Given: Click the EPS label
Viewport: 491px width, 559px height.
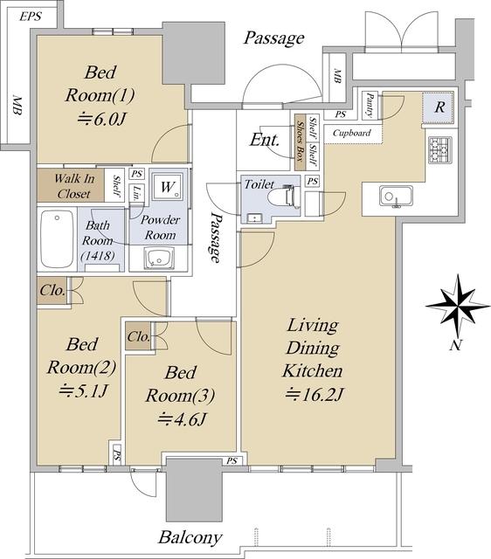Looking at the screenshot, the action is click(x=31, y=16).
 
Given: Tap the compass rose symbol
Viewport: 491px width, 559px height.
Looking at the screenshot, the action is click(x=458, y=306).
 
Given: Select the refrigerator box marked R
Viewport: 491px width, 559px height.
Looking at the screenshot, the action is click(x=439, y=107).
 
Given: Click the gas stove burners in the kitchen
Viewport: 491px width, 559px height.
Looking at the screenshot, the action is click(x=440, y=150).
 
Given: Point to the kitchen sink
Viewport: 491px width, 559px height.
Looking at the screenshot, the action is click(x=396, y=197).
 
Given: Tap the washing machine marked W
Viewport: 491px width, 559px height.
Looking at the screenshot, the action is click(x=167, y=186).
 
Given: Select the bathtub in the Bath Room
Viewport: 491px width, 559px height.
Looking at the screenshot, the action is click(x=57, y=238).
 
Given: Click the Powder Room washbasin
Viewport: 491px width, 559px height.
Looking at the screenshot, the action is click(x=159, y=259).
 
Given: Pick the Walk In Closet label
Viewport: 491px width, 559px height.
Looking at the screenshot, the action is click(x=73, y=186).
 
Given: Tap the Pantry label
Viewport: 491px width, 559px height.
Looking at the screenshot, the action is click(x=370, y=105).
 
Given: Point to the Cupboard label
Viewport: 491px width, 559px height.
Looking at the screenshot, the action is click(x=351, y=133).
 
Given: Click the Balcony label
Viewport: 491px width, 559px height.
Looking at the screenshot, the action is click(x=190, y=537).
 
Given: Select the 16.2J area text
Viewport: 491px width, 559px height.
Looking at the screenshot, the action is click(x=315, y=394).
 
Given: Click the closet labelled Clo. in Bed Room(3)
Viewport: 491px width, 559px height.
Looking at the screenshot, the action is click(x=138, y=336).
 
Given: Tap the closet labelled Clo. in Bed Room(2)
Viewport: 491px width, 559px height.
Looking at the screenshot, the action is click(x=52, y=291).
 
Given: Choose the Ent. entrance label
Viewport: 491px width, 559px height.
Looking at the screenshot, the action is click(x=264, y=140).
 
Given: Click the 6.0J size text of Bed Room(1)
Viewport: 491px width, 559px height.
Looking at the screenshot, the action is click(x=102, y=119).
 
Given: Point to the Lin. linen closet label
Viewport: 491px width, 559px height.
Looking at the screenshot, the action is click(x=136, y=191).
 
